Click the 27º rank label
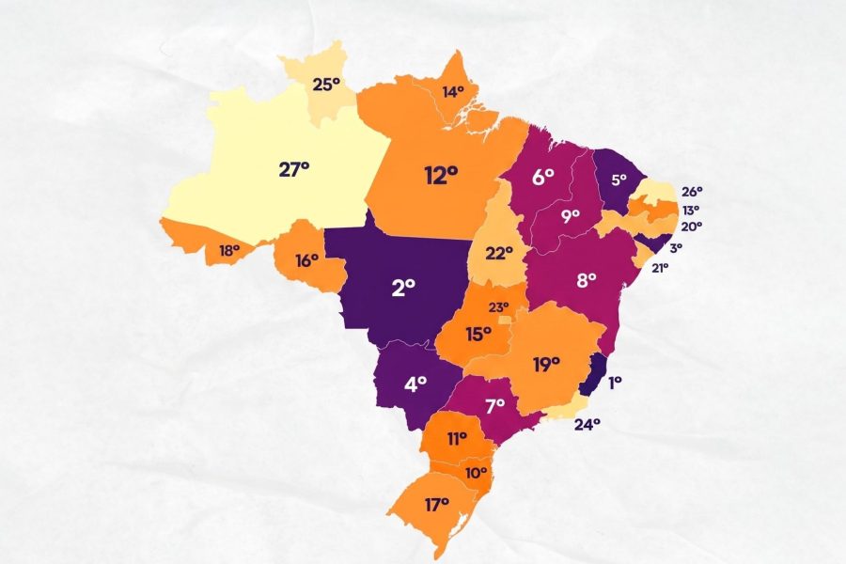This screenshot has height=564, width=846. pos(294,169)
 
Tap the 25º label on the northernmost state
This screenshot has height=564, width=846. pos(326,85)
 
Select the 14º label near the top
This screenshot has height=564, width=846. pos(454,92)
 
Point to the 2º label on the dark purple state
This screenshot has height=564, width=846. pos(404,288)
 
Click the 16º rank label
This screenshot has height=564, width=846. pos(307,260)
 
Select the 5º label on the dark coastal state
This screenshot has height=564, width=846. pos(619,179)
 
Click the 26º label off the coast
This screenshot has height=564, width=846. pos(693,191)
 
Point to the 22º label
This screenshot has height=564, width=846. pos(498,253)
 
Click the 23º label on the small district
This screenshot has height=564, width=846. pos(497,306)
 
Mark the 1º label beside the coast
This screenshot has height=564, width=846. pos(615,383)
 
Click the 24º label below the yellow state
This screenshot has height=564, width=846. pos(587,423)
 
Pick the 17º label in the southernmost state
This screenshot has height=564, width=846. pos(436,505)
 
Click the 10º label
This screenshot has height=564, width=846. pos(477,472)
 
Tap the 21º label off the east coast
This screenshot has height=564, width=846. pos(659,268)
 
